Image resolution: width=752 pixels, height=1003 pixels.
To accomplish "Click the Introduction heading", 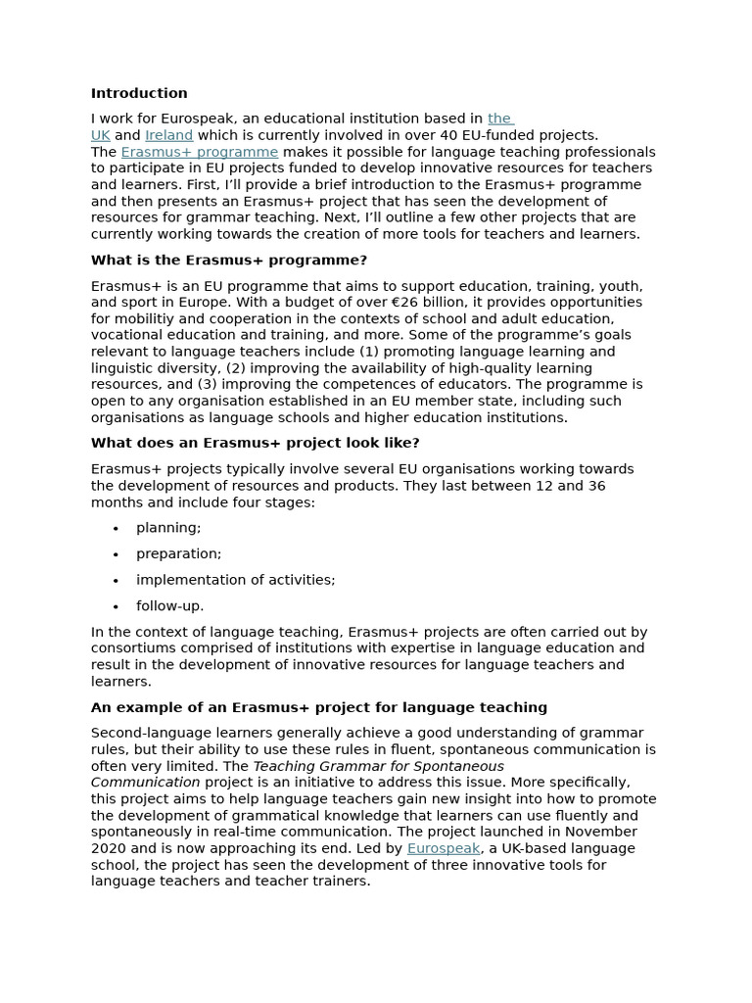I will tap(139, 94).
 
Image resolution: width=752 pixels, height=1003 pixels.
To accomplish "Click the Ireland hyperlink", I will tap(168, 135).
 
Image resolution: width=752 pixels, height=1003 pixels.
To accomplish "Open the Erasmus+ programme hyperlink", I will tap(200, 152).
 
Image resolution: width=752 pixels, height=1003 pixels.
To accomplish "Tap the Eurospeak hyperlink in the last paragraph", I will tap(444, 848).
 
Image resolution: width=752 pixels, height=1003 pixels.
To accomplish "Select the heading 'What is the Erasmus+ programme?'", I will tap(229, 261).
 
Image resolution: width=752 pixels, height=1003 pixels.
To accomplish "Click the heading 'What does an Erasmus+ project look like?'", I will tap(255, 443).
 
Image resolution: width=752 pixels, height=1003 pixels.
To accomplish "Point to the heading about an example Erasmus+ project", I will tap(319, 707).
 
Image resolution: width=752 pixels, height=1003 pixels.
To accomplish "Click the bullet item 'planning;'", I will tap(168, 528).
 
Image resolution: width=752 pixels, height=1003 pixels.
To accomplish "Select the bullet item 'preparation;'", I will tap(179, 553).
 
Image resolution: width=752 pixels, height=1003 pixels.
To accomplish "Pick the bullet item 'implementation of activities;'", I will tap(235, 580).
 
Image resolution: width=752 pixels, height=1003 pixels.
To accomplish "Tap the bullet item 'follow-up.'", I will tap(170, 605).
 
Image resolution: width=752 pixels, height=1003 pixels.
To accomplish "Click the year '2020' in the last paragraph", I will tap(110, 848).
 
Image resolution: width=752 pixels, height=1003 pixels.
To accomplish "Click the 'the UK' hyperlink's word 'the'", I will tap(499, 119).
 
